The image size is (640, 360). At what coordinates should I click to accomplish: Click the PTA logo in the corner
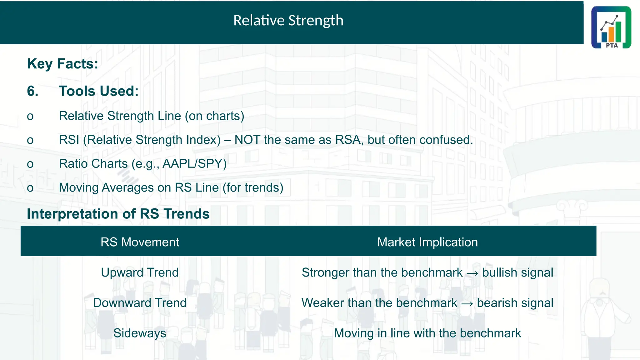tap(611, 27)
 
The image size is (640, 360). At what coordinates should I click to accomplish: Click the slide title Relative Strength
tap(288, 21)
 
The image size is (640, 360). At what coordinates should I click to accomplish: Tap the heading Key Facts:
tap(62, 64)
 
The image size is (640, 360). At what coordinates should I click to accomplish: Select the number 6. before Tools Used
tap(32, 91)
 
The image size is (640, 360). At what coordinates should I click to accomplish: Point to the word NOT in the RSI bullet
tap(247, 140)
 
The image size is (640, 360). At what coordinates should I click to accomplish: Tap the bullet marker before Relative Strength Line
tap(30, 117)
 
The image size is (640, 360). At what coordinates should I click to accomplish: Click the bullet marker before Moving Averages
tap(30, 188)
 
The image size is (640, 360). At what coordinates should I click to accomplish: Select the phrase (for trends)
tap(253, 188)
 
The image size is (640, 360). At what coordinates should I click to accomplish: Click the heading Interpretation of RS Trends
tap(118, 214)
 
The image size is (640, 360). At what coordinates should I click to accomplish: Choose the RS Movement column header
tap(140, 242)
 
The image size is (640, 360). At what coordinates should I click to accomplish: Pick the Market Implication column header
tap(427, 242)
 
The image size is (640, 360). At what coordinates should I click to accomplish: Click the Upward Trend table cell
tap(140, 272)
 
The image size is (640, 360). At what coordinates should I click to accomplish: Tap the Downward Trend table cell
tap(140, 303)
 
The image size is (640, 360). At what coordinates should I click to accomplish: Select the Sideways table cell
tap(140, 333)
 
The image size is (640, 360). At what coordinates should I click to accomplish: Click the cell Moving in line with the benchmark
tap(427, 333)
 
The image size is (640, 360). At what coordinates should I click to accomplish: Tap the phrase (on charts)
tap(214, 116)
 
